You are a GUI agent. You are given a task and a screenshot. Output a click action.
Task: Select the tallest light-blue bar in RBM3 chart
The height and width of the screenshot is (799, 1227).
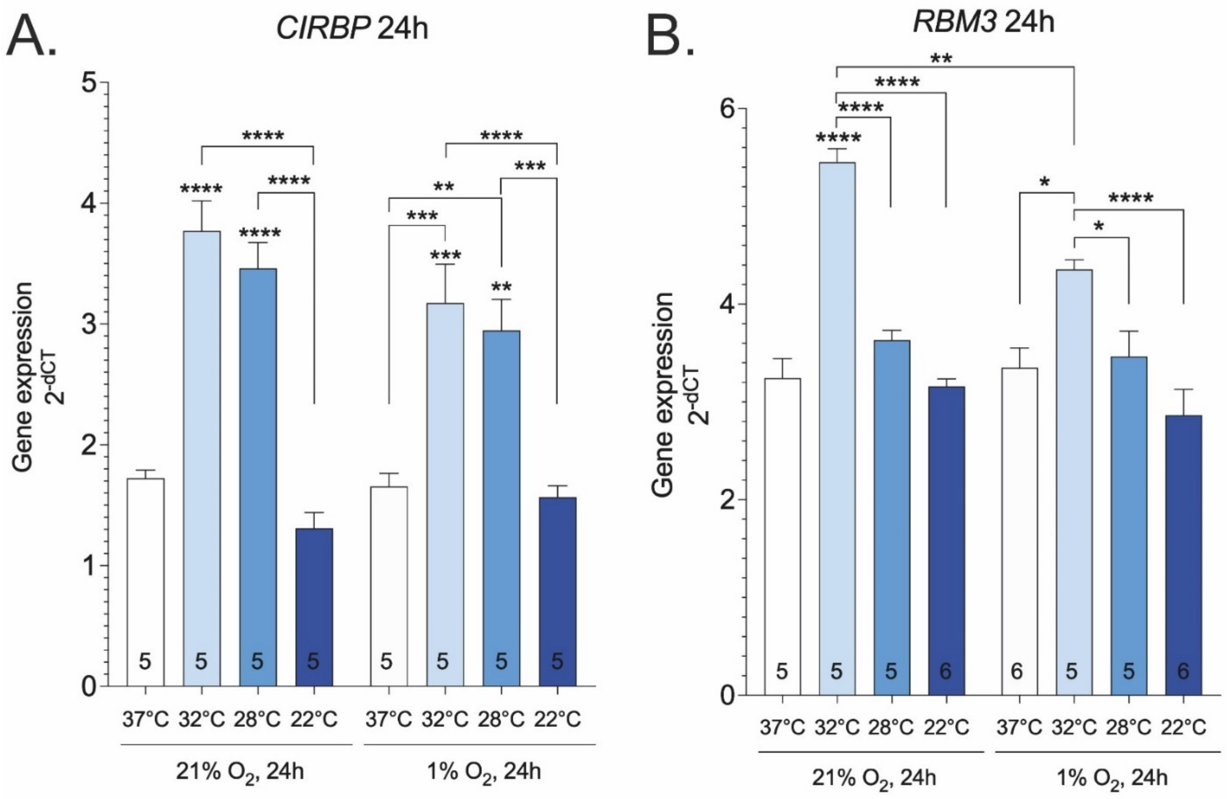(837, 428)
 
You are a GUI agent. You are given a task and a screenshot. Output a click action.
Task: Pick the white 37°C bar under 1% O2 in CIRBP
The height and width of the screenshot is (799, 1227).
(389, 586)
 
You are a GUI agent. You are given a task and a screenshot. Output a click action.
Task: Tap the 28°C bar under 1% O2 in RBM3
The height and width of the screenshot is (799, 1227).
(1128, 526)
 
